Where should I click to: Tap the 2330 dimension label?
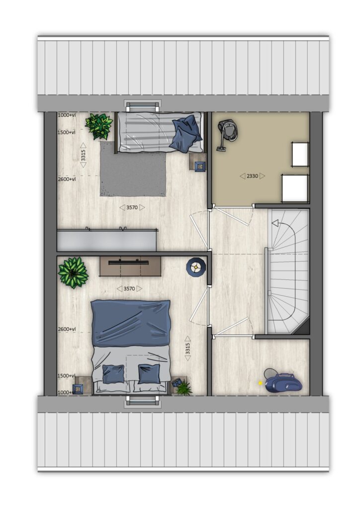pyautogui.click(x=252, y=176)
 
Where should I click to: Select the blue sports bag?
pyautogui.click(x=282, y=381)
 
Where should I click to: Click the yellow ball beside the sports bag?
pyautogui.click(x=260, y=383)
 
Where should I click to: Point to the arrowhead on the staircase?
pyautogui.click(x=275, y=223)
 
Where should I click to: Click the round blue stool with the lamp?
pyautogui.click(x=196, y=267)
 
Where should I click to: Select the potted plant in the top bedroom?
pyautogui.click(x=98, y=126)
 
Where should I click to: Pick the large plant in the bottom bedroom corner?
pyautogui.click(x=73, y=272)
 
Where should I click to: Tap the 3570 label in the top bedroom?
pyautogui.click(x=132, y=207)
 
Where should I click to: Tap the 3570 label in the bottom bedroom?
pyautogui.click(x=129, y=289)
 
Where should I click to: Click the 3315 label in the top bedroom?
pyautogui.click(x=84, y=155)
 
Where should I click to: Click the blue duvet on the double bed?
pyautogui.click(x=130, y=323)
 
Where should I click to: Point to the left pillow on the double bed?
pyautogui.click(x=113, y=374)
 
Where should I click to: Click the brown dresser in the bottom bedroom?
pyautogui.click(x=130, y=266)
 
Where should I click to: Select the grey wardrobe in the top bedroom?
pyautogui.click(x=107, y=240)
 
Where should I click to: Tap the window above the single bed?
pyautogui.click(x=143, y=106)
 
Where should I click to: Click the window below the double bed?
pyautogui.click(x=143, y=401)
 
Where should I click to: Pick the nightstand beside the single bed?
pyautogui.click(x=198, y=162)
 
